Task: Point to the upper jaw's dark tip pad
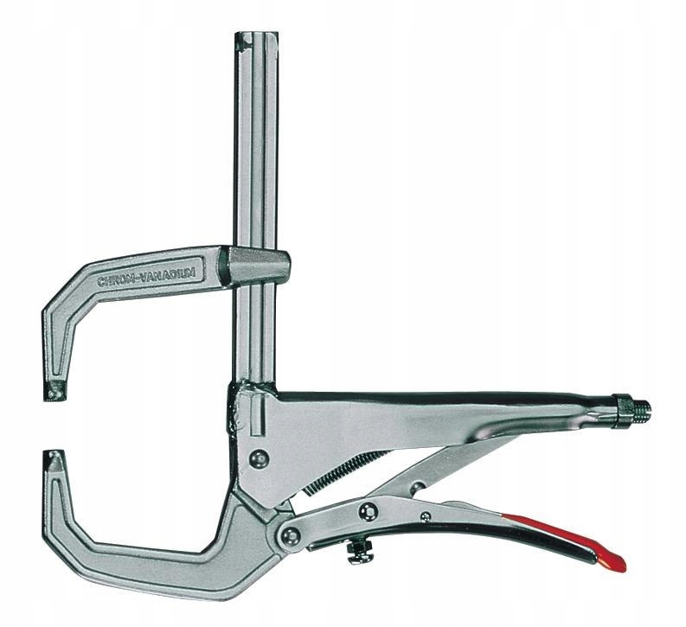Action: [x=56, y=391]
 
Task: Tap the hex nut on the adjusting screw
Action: [x=620, y=409]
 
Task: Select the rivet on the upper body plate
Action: [x=257, y=458]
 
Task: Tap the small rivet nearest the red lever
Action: [x=425, y=516]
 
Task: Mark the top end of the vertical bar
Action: [x=257, y=38]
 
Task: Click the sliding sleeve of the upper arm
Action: [x=256, y=266]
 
